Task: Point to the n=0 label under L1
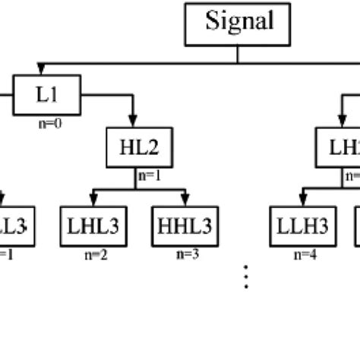point(46,121)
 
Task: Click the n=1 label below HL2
point(149,174)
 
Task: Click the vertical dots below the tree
point(246,278)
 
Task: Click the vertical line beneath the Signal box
point(238,53)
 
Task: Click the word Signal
point(238,21)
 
